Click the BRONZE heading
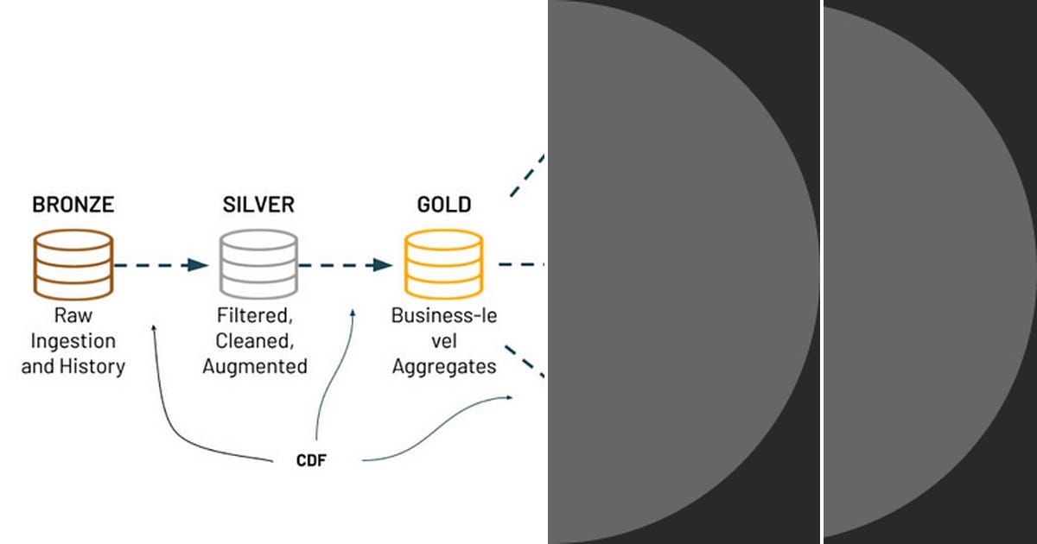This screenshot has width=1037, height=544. [73, 205]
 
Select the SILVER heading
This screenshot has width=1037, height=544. [258, 205]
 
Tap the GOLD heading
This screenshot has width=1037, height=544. [444, 205]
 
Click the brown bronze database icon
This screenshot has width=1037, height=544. [73, 264]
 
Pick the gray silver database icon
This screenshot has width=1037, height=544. [258, 264]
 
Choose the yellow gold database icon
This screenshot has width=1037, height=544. [444, 264]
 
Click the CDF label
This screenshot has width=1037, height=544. [311, 460]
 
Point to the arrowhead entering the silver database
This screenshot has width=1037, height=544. [198, 265]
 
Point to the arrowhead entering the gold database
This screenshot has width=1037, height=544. [383, 265]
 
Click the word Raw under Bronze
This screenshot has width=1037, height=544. [73, 315]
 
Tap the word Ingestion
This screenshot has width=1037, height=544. [73, 341]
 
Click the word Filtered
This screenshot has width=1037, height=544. [255, 315]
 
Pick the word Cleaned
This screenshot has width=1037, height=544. [255, 341]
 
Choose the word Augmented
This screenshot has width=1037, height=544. [255, 366]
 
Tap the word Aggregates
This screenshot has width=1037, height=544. [444, 366]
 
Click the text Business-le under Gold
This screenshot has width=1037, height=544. [444, 315]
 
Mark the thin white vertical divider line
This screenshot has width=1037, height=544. [821, 272]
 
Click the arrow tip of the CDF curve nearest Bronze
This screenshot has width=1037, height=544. [154, 326]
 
